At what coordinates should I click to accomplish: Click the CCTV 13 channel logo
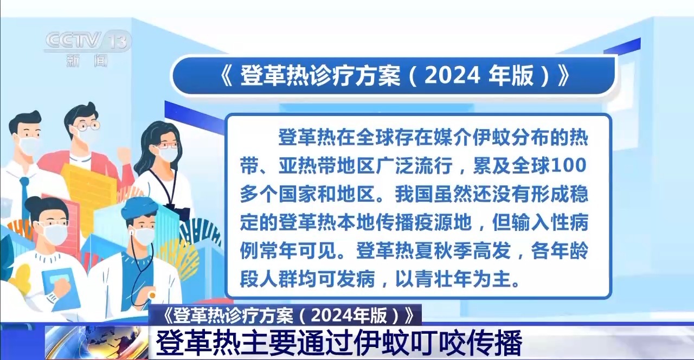click(x=88, y=40)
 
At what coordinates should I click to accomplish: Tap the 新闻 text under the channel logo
click(x=87, y=60)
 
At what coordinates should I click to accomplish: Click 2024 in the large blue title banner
click(x=452, y=75)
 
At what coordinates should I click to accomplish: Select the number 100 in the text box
click(x=569, y=165)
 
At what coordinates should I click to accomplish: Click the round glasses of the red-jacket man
click(x=87, y=125)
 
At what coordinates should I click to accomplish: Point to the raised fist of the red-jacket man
click(x=124, y=154)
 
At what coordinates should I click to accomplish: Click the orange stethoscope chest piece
click(x=151, y=295)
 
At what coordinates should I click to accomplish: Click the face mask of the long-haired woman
click(x=168, y=153)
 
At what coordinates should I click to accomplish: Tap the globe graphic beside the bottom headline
click(x=97, y=343)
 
